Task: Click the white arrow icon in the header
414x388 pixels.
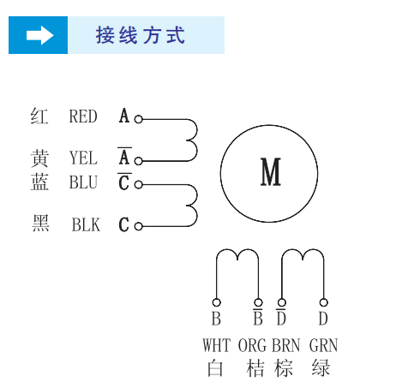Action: click(x=39, y=35)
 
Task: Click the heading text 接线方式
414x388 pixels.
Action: click(x=141, y=36)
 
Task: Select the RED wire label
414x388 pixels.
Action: click(x=83, y=116)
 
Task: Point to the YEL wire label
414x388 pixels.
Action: click(x=83, y=158)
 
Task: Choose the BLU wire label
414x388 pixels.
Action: click(x=83, y=182)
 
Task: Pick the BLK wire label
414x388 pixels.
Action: click(x=86, y=225)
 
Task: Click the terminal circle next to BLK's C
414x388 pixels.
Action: click(x=139, y=226)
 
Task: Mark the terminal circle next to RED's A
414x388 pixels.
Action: click(x=139, y=120)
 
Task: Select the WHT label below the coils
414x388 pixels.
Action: click(x=217, y=346)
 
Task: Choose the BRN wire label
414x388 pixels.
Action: click(x=286, y=346)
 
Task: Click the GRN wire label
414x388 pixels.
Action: click(x=323, y=346)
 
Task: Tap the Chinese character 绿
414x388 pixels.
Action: click(x=321, y=369)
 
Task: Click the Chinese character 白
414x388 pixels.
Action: click(x=215, y=369)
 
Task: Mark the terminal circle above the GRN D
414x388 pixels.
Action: click(x=323, y=301)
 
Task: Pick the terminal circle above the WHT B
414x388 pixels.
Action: click(x=216, y=301)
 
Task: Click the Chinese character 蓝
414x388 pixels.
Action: click(x=39, y=182)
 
